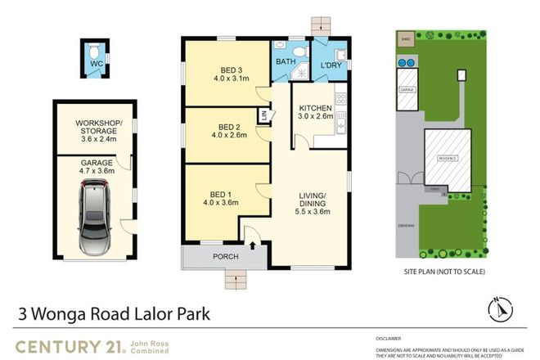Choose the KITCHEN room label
pos(315,108)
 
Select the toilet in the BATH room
pos(299,52)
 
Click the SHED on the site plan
pos(403,38)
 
